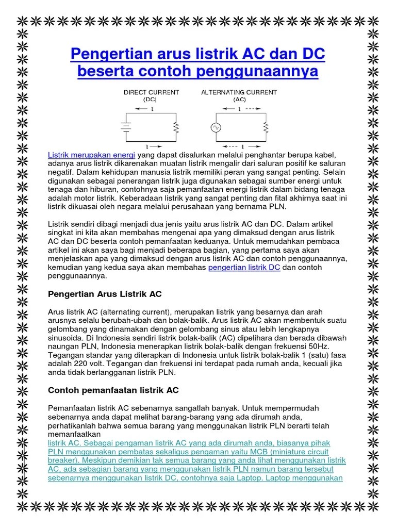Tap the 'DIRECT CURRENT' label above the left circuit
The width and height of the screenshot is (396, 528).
151,92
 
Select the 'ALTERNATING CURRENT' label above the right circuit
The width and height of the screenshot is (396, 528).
239,92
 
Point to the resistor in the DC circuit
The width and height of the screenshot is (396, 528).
177,126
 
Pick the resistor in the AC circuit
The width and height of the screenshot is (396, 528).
266,126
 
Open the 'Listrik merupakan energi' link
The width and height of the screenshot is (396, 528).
91,155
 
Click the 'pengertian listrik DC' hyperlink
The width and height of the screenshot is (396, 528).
244,267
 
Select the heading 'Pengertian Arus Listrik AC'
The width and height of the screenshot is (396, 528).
105,294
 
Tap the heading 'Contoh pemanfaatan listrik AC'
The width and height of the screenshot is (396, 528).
113,390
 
